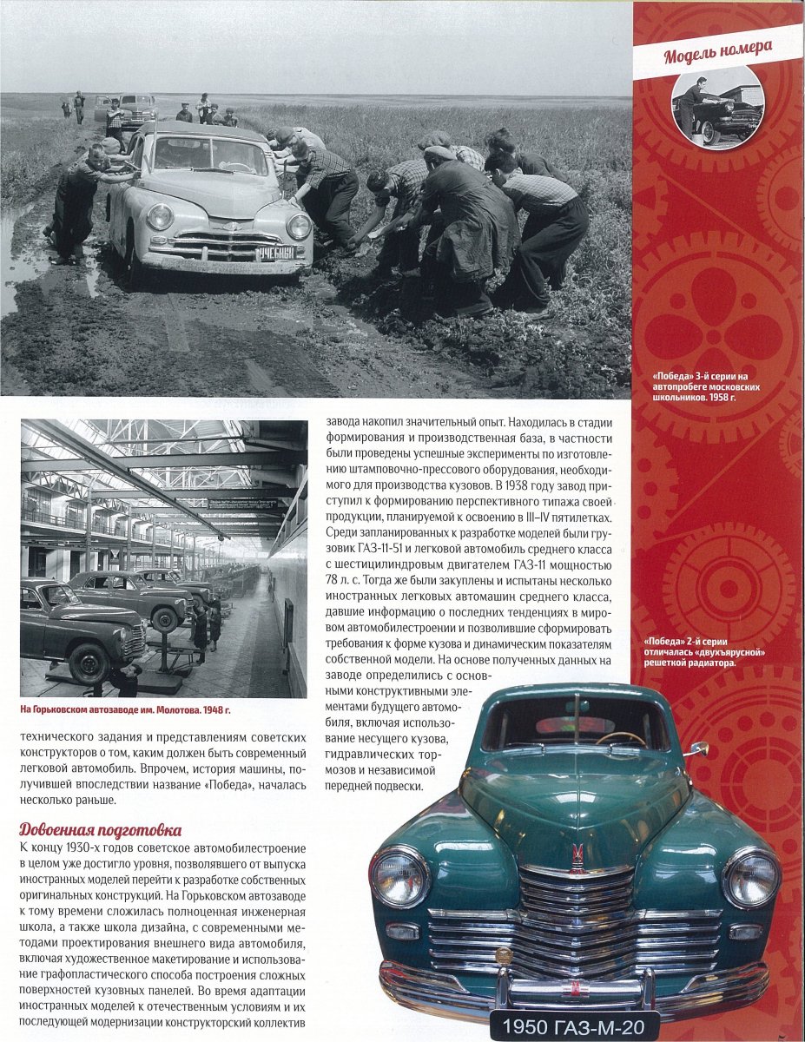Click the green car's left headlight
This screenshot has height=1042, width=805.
(x=399, y=878)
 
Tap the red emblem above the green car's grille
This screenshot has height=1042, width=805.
(x=577, y=856)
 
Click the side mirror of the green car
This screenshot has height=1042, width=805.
(x=698, y=749)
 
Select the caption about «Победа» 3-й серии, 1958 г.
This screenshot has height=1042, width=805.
(x=706, y=385)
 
